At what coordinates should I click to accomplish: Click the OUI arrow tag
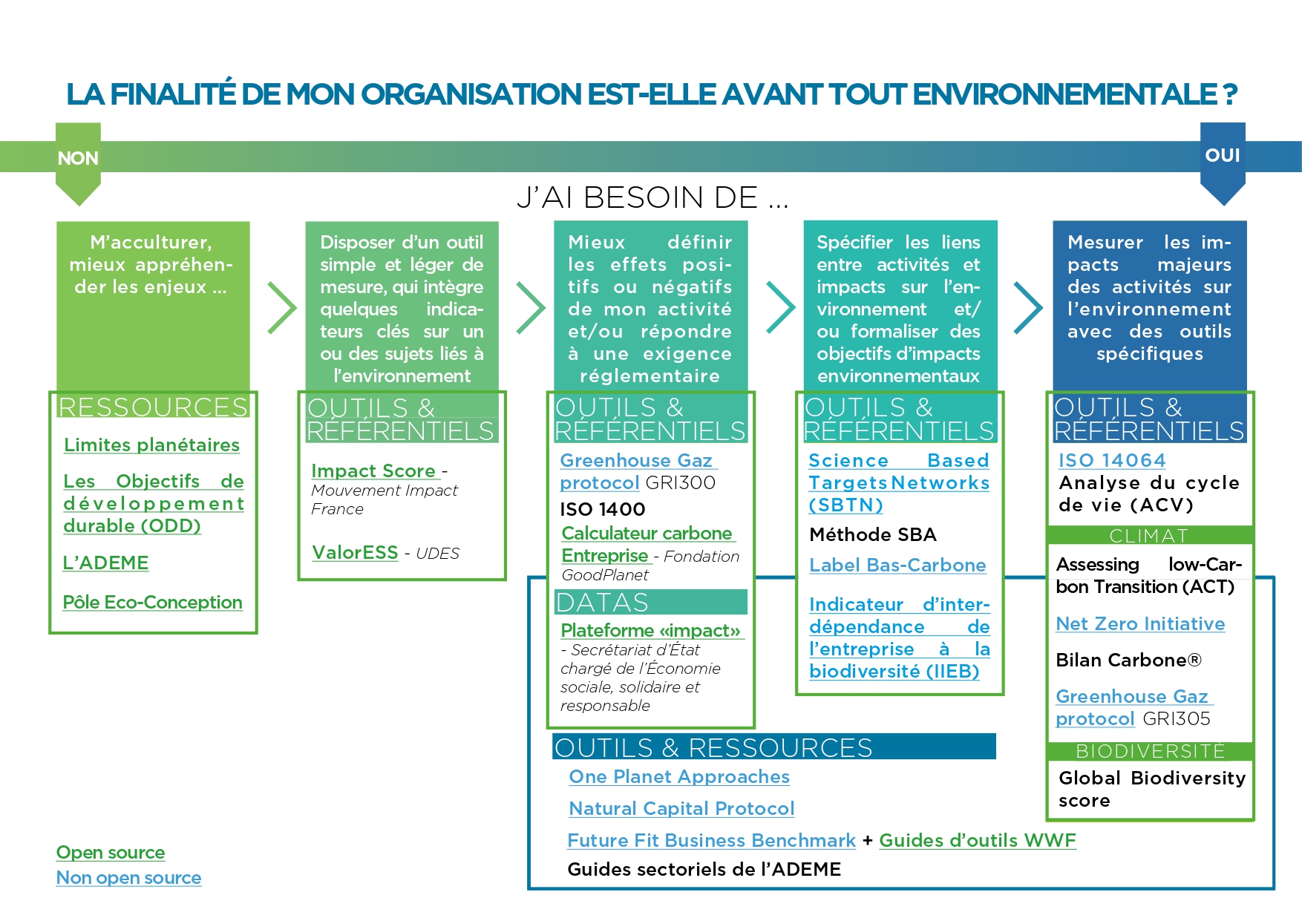(1223, 163)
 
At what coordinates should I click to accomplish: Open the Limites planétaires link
(151, 445)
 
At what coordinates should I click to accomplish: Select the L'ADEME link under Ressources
(105, 563)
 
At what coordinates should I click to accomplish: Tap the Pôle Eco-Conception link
(152, 602)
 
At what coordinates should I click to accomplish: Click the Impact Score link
(373, 471)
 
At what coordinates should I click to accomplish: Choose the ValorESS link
(355, 553)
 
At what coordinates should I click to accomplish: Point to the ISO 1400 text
(602, 509)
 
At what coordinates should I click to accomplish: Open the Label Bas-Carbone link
(897, 566)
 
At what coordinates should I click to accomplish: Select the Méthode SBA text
(872, 534)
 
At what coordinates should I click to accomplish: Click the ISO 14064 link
(1112, 460)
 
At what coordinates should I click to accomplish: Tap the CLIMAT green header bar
(1150, 535)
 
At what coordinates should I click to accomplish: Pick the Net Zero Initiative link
(1140, 624)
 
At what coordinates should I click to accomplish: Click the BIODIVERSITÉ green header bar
(1150, 751)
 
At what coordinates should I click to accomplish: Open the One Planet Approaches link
(679, 777)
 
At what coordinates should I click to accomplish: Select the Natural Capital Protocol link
(681, 809)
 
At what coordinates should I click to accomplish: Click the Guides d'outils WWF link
(978, 841)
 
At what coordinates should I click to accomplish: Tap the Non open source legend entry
(128, 878)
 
